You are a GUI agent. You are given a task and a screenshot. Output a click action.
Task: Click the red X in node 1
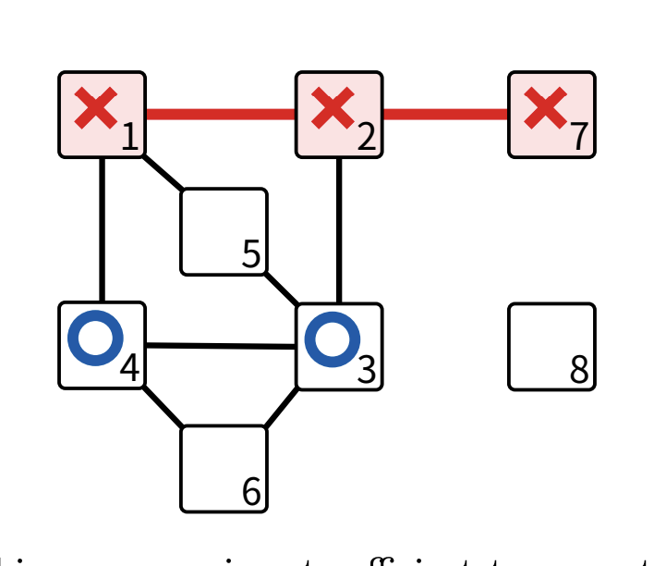tap(95, 108)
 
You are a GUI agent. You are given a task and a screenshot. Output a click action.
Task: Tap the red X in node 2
tap(333, 108)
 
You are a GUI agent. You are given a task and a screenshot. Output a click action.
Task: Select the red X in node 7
tap(545, 108)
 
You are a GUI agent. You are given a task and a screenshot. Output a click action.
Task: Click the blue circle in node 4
tap(95, 338)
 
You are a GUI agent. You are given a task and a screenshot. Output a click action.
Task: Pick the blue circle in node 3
tap(332, 338)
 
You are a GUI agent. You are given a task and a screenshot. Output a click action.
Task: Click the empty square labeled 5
tap(224, 231)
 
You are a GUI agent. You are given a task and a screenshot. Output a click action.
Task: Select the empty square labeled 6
tap(224, 468)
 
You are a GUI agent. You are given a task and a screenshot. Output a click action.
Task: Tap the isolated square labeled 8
tap(551, 346)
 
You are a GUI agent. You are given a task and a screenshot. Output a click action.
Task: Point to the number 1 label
tap(129, 138)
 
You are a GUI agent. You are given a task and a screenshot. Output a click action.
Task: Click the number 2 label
tap(367, 138)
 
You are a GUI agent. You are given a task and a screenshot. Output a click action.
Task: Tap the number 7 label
tap(579, 138)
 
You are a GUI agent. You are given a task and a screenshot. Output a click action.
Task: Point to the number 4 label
tap(129, 369)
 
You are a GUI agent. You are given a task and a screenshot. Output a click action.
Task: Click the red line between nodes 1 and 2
tap(220, 115)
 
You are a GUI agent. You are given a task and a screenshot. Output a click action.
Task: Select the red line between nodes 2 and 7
tap(445, 115)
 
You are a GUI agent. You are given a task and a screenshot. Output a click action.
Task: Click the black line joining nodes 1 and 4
tap(102, 229)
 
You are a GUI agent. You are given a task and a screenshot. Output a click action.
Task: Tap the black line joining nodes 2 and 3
tap(339, 230)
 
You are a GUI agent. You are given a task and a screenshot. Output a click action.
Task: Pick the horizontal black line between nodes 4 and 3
tap(220, 346)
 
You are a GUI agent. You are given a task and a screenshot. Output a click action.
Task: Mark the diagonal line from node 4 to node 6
tap(163, 407)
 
